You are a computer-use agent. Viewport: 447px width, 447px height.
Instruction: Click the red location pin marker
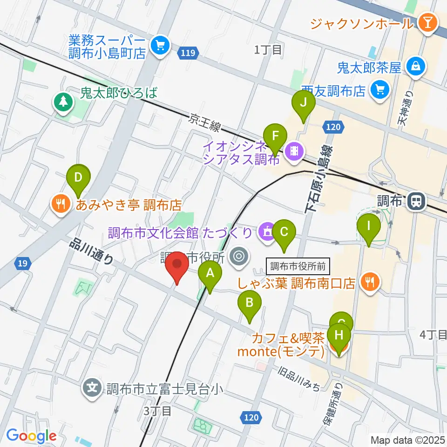(x=177, y=266)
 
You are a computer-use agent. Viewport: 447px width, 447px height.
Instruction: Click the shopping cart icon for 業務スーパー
(x=161, y=46)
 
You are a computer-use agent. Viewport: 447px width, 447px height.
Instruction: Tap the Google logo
(x=32, y=436)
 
